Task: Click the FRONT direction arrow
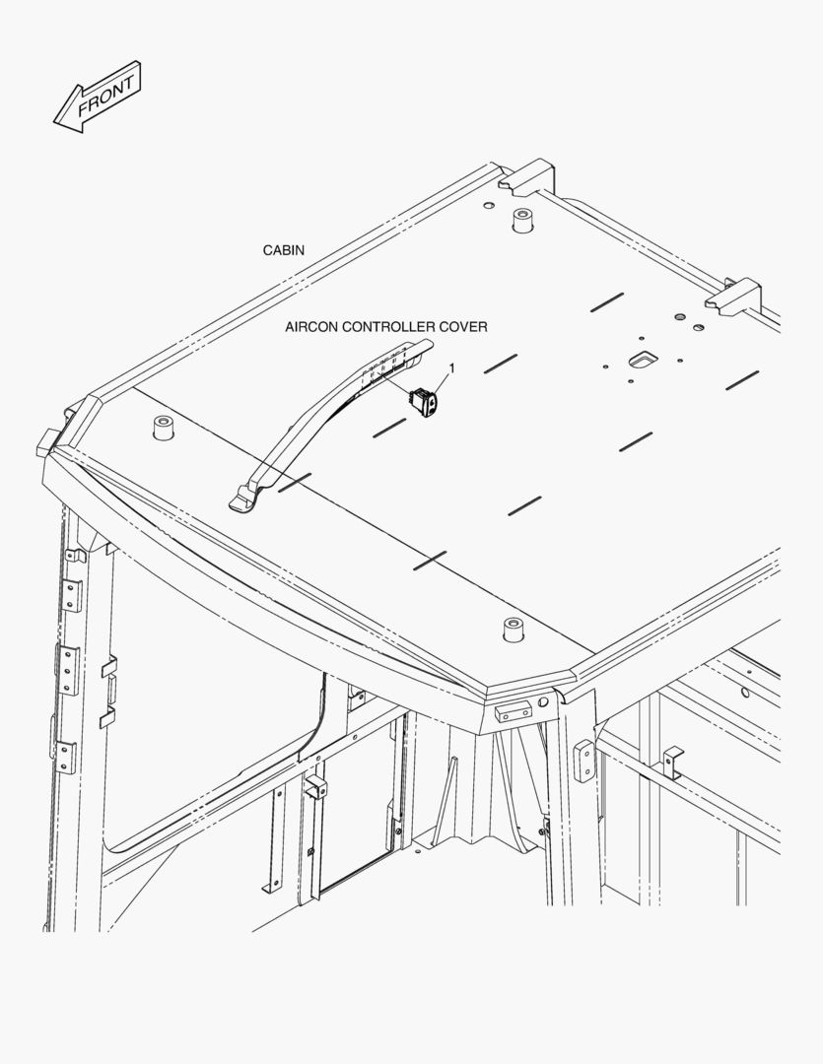pyautogui.click(x=99, y=97)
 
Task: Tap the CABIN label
pyautogui.click(x=283, y=250)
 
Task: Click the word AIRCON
pyautogui.click(x=310, y=326)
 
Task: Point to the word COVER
pyautogui.click(x=463, y=326)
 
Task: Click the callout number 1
pyautogui.click(x=451, y=367)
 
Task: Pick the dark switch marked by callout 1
pyautogui.click(x=426, y=401)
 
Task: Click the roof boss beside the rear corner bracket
pyautogui.click(x=520, y=221)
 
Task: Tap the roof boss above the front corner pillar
pyautogui.click(x=514, y=629)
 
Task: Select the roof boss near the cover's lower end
pyautogui.click(x=163, y=429)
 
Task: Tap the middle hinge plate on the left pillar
pyautogui.click(x=68, y=670)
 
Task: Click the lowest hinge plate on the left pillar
pyautogui.click(x=64, y=756)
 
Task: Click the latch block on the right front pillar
pyautogui.click(x=583, y=760)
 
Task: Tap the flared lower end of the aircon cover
pyautogui.click(x=246, y=499)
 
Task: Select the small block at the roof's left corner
pyautogui.click(x=46, y=443)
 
